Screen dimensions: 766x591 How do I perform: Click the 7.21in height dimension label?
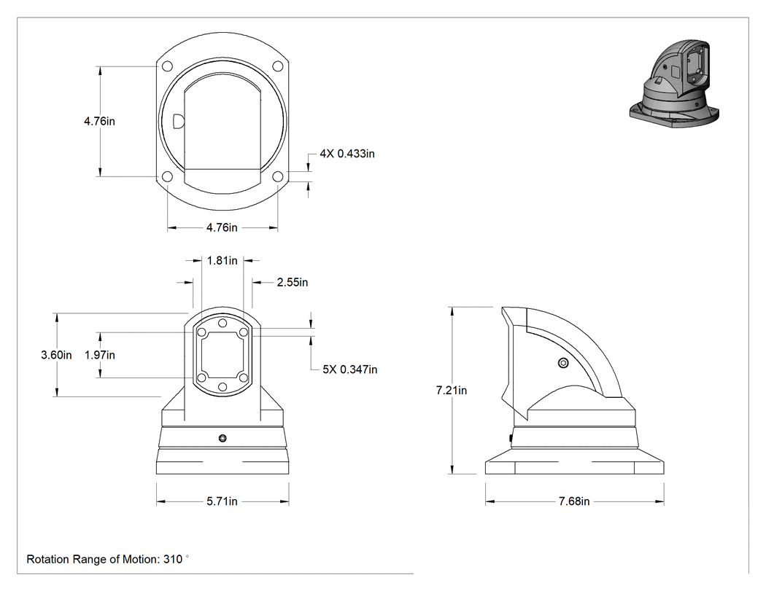(452, 391)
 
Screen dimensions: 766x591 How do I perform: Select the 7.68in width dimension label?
(574, 501)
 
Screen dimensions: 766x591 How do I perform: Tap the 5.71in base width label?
(222, 501)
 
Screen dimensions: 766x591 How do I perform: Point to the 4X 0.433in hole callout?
(347, 154)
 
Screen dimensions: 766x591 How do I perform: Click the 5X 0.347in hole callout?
(349, 369)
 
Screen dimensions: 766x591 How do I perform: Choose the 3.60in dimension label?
(56, 355)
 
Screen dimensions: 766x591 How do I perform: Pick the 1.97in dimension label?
(100, 355)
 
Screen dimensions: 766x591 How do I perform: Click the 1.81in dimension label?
(223, 261)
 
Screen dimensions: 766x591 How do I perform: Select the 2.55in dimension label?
(293, 282)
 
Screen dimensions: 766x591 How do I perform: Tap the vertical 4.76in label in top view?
(100, 121)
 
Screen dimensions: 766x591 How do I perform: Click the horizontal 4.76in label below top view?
(222, 227)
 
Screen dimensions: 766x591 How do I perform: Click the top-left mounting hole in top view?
(167, 66)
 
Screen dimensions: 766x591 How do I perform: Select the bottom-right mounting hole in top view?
(277, 176)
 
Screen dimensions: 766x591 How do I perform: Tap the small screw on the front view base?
(223, 438)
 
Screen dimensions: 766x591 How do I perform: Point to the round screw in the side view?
(563, 363)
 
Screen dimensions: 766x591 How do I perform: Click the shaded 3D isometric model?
(674, 84)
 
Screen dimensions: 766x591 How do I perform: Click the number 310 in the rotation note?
(172, 559)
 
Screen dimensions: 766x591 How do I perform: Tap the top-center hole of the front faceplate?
(223, 323)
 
